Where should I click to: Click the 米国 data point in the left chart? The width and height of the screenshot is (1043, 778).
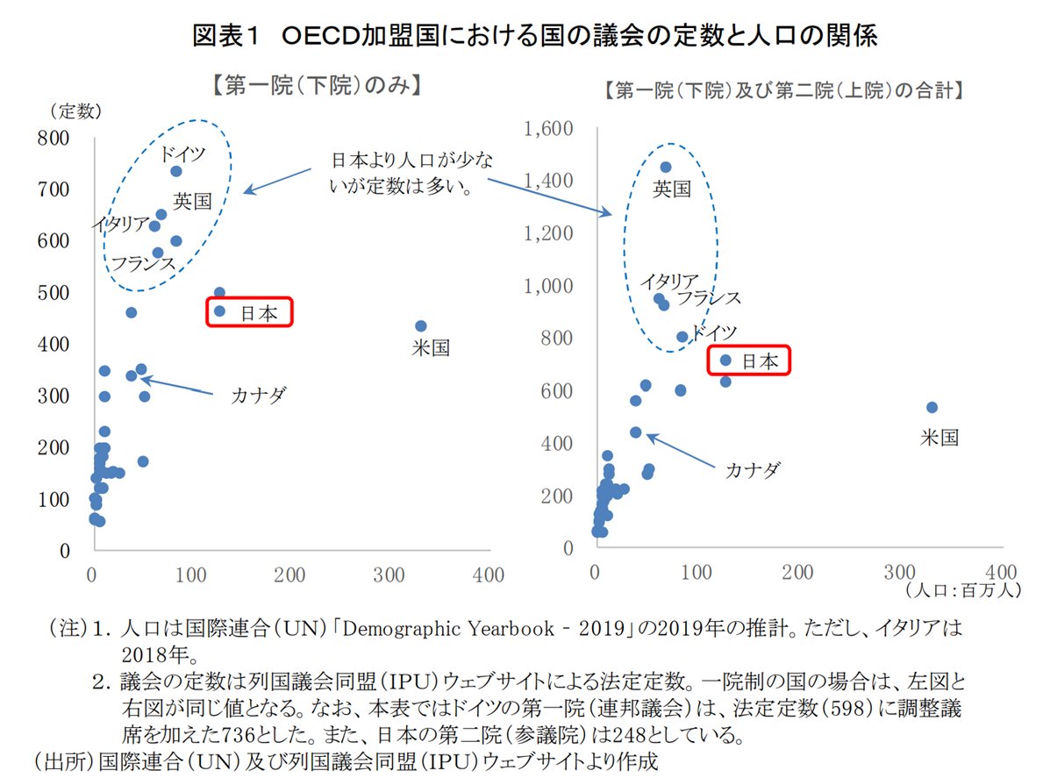[421, 326]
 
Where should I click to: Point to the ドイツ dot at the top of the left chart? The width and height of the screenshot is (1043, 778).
[176, 171]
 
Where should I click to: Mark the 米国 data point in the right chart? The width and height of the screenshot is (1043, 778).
[932, 407]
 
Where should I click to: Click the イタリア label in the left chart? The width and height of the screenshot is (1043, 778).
[120, 225]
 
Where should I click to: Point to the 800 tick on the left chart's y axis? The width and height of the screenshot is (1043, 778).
[54, 138]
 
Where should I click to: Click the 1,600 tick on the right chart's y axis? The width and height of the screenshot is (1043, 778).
[548, 130]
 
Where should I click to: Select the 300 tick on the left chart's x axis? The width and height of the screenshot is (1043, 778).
[389, 575]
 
